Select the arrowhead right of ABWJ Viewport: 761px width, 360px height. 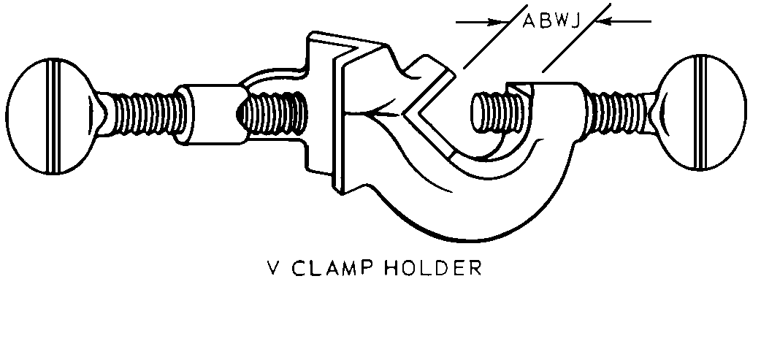(603, 22)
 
